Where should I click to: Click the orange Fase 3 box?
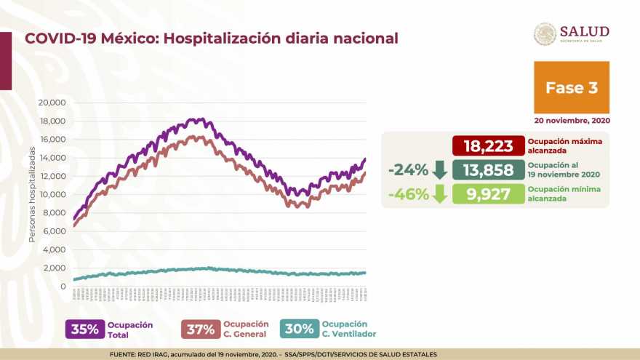click(572, 87)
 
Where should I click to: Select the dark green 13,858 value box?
click(488, 170)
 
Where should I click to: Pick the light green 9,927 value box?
click(488, 193)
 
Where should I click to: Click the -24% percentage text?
click(407, 170)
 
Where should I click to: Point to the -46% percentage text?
click(407, 193)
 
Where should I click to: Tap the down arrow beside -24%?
click(439, 170)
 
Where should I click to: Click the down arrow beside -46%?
click(439, 193)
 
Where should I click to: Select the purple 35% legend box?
click(84, 329)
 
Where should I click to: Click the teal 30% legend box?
click(300, 329)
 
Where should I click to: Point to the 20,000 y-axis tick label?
click(53, 103)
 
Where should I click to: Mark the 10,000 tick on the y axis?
click(53, 194)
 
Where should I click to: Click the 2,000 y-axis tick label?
click(56, 268)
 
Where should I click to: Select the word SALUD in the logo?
click(584, 31)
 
